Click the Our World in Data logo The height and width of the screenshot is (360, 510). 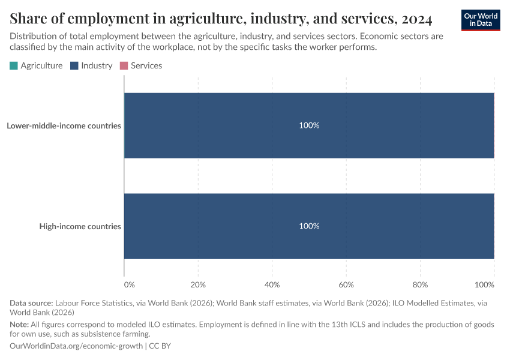(480, 20)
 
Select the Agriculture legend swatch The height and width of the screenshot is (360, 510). (14, 65)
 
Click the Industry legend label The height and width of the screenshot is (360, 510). (97, 65)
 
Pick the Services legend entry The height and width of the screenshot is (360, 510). (146, 65)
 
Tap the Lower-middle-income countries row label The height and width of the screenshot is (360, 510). (64, 126)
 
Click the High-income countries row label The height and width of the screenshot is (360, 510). (80, 226)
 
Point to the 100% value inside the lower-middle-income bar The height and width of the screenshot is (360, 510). (309, 126)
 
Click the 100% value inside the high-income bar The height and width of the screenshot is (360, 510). (309, 226)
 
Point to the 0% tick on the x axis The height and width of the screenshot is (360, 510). (129, 284)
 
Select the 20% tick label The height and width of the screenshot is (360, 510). (198, 284)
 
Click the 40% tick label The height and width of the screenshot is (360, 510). (272, 284)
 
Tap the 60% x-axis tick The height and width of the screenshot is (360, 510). (346, 284)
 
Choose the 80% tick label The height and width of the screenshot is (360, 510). (420, 284)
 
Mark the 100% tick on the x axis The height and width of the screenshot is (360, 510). (485, 284)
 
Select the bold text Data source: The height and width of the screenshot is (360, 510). (31, 303)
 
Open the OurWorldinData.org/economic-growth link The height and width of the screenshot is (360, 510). (76, 346)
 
